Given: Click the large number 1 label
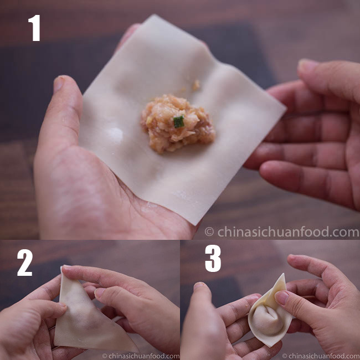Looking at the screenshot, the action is click(34, 28).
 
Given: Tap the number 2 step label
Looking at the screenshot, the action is click(25, 263).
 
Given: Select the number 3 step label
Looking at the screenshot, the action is click(213, 258).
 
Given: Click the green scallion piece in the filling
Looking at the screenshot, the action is click(179, 122).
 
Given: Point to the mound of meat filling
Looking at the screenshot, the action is click(178, 124).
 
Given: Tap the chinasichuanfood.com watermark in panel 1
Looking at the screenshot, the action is click(282, 232).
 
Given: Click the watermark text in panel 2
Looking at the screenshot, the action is click(141, 356).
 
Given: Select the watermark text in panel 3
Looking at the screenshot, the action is click(321, 356).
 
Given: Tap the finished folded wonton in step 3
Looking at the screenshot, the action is click(270, 312).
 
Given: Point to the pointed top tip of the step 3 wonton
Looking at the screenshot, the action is click(284, 274).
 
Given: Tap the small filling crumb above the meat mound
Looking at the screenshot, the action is click(196, 85).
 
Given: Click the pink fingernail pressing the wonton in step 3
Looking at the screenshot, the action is click(281, 297).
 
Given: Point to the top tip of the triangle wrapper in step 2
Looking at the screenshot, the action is click(61, 268).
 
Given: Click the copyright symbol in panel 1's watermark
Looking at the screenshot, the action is click(209, 232).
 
